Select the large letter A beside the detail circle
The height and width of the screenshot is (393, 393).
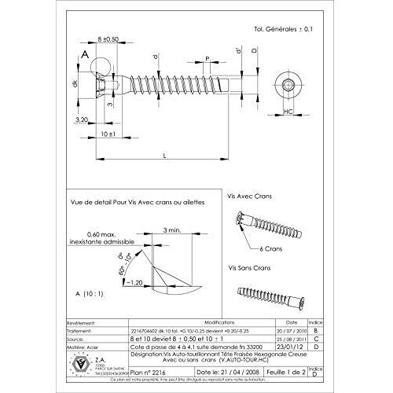pyautogui.click(x=83, y=55)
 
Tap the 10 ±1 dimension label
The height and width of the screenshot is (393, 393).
pyautogui.click(x=110, y=134)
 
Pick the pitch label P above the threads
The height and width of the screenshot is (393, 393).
pyautogui.click(x=207, y=59)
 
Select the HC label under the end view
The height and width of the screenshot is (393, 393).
pyautogui.click(x=288, y=112)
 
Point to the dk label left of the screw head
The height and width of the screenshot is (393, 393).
pyautogui.click(x=75, y=84)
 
